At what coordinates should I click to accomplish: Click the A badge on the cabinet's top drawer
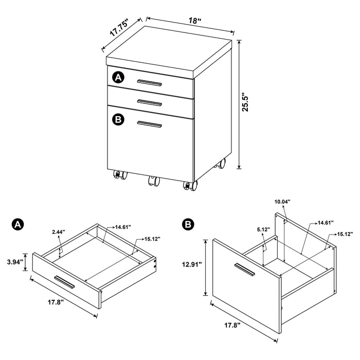point(118,78)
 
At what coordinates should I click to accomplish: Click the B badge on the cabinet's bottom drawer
point(118,119)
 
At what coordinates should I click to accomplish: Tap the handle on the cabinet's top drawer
point(150,82)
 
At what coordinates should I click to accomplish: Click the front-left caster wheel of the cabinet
point(118,175)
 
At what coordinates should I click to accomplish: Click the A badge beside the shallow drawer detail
point(17,224)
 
